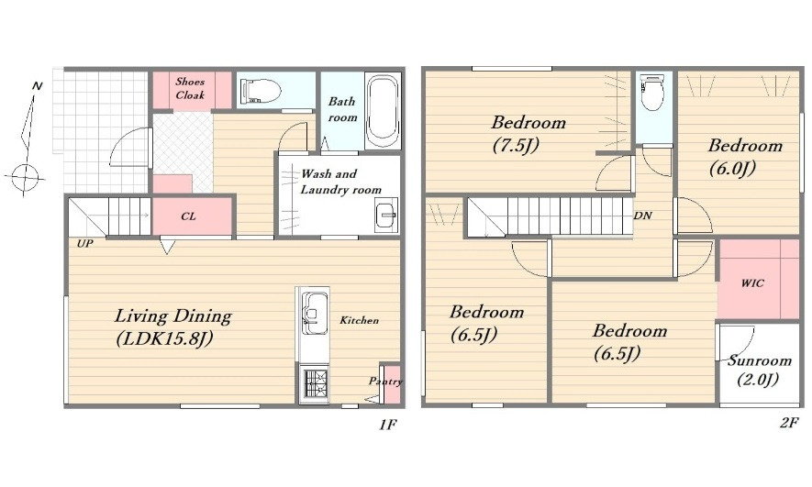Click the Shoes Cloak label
point(190,88)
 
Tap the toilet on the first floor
point(261,91)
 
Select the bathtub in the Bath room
point(383,111)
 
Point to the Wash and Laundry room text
point(340,182)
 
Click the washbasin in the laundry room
point(386,215)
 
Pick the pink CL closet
point(192,216)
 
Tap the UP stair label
point(85,243)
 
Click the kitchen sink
point(314,314)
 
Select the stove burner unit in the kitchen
point(315,384)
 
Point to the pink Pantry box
point(392,384)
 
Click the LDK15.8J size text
point(164,339)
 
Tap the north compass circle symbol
point(25,178)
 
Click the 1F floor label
point(387,425)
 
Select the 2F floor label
point(789,423)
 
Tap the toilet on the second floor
point(652,92)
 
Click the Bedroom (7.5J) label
point(528,134)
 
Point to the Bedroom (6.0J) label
point(745,157)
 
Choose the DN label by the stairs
point(642,216)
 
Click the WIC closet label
point(752,283)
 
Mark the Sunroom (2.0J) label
point(759,370)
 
